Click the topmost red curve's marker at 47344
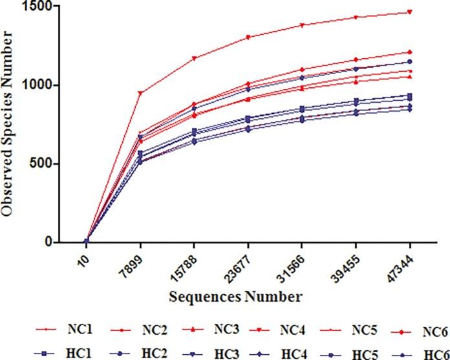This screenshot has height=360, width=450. point(410,12)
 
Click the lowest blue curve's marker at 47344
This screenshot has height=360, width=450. point(410,109)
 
